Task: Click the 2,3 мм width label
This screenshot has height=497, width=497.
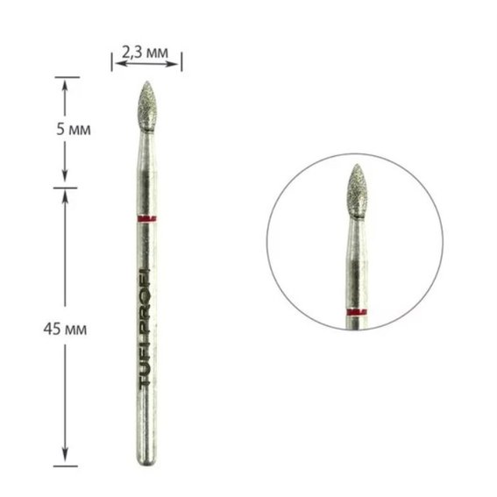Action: click(146, 53)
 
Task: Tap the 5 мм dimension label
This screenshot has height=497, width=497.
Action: click(74, 130)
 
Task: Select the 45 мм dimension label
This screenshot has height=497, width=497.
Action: click(65, 330)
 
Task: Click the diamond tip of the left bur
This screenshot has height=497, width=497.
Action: click(147, 107)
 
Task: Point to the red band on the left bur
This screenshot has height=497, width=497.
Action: click(147, 219)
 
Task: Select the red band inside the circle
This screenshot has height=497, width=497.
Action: click(357, 312)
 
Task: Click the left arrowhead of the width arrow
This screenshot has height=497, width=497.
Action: click(120, 64)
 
